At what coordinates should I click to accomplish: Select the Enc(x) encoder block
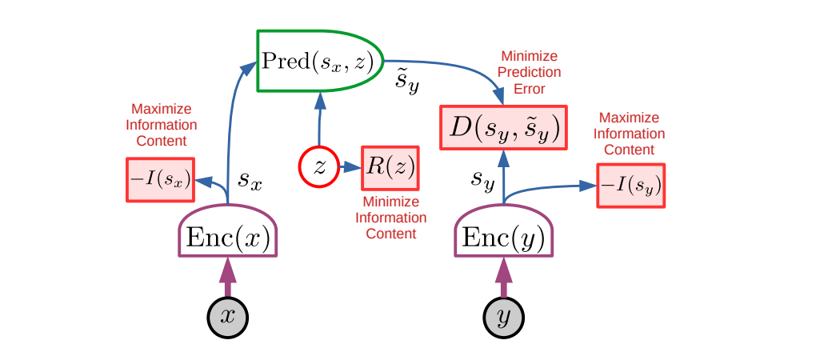point(227,237)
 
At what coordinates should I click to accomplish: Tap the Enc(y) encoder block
point(504,237)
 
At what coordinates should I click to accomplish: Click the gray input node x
point(228,317)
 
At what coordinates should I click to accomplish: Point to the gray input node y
point(504,317)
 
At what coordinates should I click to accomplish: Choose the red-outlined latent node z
point(319,167)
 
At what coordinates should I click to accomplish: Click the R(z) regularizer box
point(390,167)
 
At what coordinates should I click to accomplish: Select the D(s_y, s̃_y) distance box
point(503,126)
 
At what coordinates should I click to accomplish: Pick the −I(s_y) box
point(631,186)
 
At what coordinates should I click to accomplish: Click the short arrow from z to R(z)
point(350,167)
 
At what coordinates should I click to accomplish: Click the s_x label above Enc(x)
point(251,182)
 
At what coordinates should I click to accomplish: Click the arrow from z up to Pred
point(319,120)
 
